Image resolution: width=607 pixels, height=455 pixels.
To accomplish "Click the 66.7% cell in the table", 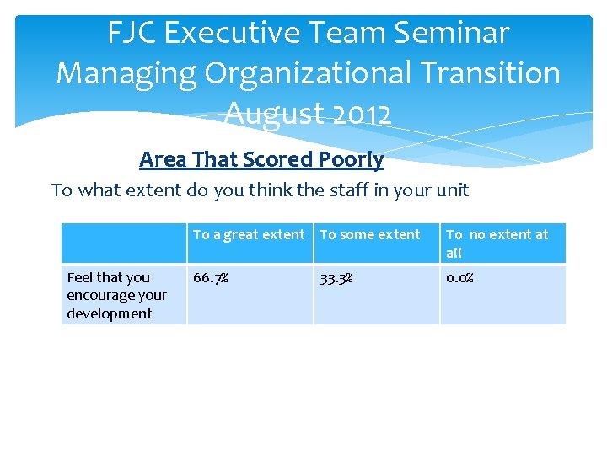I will point(211,277).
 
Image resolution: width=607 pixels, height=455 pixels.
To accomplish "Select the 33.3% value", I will point(336,277).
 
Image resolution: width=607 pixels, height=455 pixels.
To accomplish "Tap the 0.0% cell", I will point(459,277).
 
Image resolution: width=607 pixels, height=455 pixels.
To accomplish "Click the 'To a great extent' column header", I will point(249,235).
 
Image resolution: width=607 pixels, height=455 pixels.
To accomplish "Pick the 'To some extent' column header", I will point(370,235).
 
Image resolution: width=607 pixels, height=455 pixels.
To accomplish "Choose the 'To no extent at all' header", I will point(497,244).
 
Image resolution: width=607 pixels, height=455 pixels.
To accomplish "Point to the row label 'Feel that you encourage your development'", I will point(117,295).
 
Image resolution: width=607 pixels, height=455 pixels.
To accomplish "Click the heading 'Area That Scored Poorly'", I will point(261,159).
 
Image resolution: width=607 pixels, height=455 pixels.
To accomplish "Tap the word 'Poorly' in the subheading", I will point(351,159).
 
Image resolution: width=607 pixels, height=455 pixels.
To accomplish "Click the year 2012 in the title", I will point(361,113).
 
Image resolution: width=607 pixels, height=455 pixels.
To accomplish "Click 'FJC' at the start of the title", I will point(134,33).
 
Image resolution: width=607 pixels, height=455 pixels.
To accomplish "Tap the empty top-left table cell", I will point(124,244).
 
